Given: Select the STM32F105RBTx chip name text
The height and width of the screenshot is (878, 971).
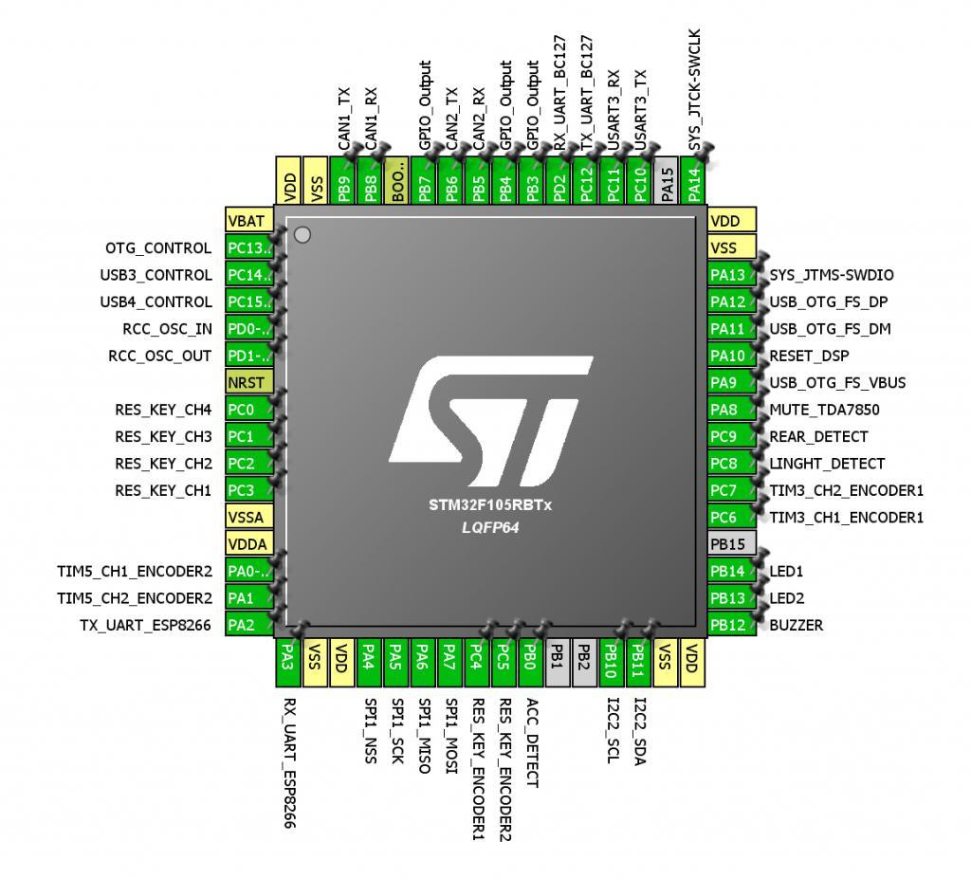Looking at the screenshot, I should [489, 505].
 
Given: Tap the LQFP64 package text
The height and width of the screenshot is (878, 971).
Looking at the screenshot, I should [489, 526].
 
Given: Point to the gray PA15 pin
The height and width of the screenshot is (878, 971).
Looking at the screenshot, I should [668, 180].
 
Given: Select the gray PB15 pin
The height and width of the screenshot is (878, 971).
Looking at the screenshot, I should [732, 544].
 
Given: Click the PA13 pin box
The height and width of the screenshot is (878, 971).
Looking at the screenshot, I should [732, 275].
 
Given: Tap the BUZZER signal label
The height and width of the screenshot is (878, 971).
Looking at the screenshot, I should [797, 625].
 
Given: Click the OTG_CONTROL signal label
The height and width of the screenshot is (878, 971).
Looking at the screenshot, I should [158, 248].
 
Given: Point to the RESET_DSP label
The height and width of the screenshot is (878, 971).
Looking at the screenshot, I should [809, 356].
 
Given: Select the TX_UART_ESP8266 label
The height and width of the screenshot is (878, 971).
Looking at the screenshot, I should [146, 625].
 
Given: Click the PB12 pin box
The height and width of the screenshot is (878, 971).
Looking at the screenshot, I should [732, 625].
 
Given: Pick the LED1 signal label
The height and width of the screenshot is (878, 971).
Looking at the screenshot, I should [786, 571].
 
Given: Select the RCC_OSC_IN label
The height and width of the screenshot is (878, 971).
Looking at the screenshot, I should [168, 329].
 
